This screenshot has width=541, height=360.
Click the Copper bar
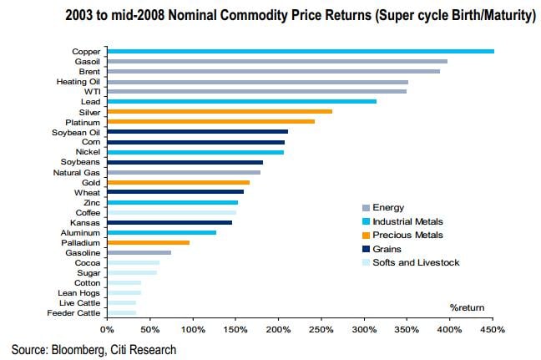tap(300, 51)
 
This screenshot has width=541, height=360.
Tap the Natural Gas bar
tap(183, 172)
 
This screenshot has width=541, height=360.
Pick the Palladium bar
tap(148, 242)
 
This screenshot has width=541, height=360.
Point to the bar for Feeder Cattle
tap(121, 312)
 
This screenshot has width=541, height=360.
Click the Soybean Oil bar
tap(197, 131)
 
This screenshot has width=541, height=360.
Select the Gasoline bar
tap(139, 252)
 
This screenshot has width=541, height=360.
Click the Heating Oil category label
tap(78, 81)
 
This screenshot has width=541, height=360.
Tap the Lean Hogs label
tap(80, 292)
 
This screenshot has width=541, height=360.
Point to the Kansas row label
tap(87, 222)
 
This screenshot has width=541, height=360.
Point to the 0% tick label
tap(106, 330)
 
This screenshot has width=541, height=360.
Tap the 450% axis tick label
tap(493, 330)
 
